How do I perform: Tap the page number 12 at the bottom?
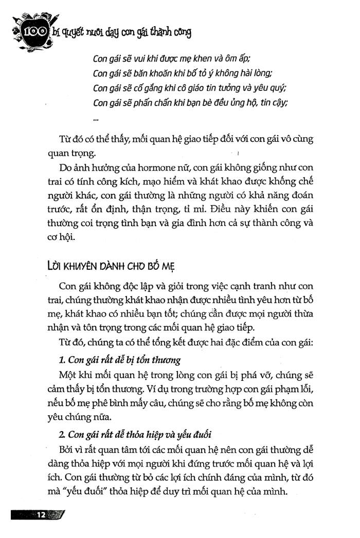pyautogui.click(x=41, y=515)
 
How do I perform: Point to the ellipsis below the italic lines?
pyautogui.click(x=96, y=119)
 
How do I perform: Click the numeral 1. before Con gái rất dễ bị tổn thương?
pyautogui.click(x=64, y=359)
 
